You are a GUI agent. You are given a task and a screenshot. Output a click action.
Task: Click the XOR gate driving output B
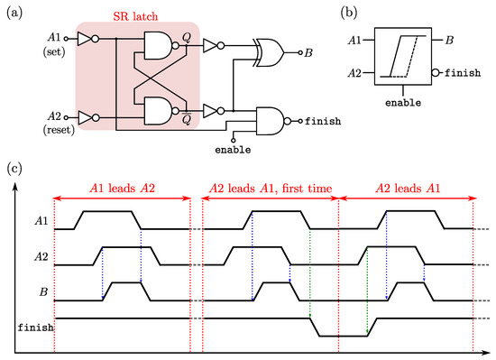269,51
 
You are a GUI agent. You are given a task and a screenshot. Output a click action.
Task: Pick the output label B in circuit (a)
308,52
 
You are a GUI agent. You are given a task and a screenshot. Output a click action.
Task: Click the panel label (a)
14,11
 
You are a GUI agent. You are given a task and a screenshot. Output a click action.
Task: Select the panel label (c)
14,169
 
